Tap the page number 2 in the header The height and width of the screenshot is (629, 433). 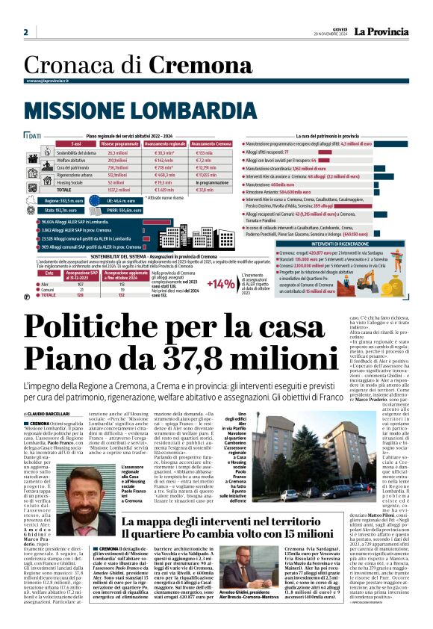pyautogui.click(x=25, y=32)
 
